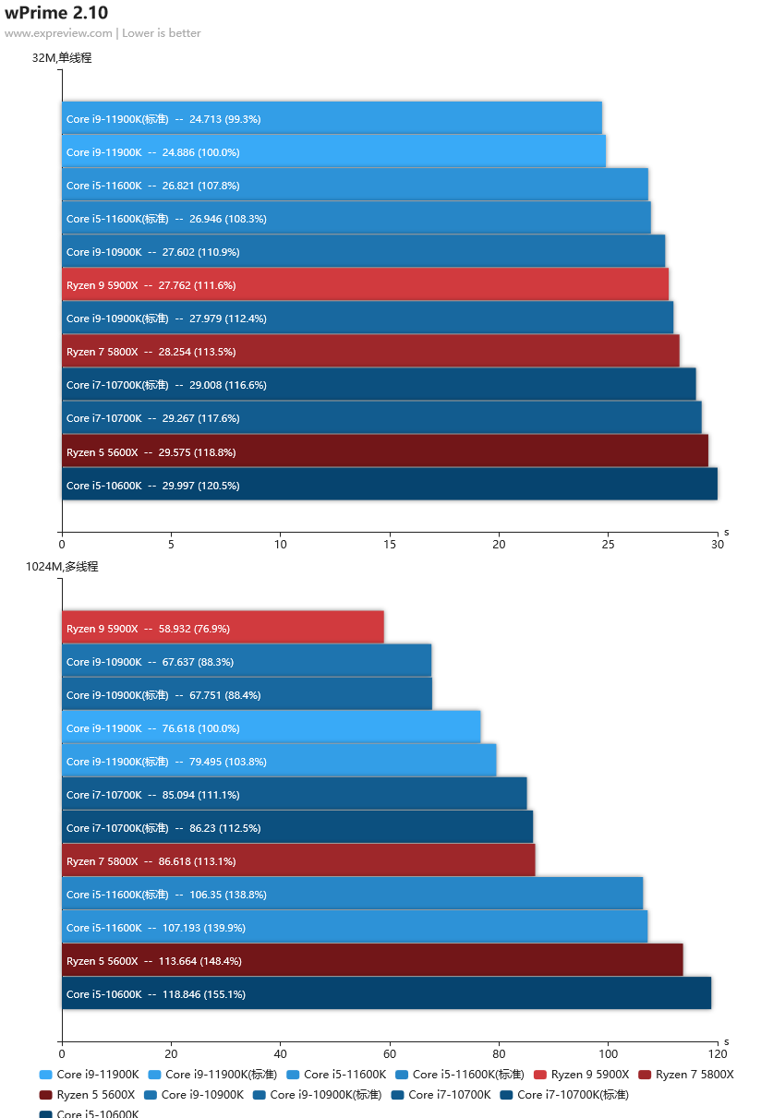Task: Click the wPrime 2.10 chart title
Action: click(56, 13)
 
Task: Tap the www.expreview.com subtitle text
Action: click(58, 33)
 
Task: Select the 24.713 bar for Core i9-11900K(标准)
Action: click(332, 118)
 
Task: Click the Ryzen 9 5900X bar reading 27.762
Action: click(365, 284)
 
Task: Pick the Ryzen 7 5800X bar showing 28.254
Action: click(370, 351)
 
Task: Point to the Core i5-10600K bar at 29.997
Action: click(390, 484)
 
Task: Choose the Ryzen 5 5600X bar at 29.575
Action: click(385, 451)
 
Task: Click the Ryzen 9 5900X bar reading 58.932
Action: click(223, 628)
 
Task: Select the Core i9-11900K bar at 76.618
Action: click(272, 727)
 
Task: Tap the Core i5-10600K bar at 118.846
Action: click(386, 993)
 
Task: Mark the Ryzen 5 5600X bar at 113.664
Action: click(372, 960)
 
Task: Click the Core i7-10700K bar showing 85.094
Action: click(294, 794)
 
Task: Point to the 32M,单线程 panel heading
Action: click(62, 58)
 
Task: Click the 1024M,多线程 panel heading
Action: click(62, 567)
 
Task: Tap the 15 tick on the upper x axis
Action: click(390, 544)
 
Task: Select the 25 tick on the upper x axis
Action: click(608, 544)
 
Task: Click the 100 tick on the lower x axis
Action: click(608, 1053)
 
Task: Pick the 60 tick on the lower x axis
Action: click(390, 1053)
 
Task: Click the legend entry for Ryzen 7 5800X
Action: click(686, 1075)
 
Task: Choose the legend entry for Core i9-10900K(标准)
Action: click(317, 1095)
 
